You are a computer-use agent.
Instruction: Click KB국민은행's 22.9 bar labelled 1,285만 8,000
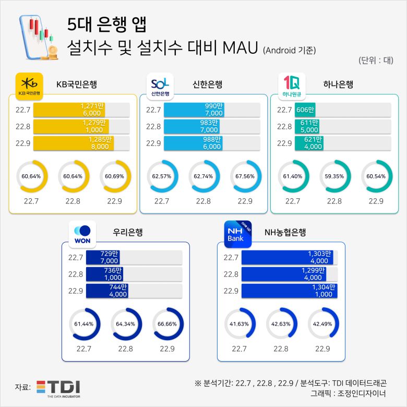click(74, 143)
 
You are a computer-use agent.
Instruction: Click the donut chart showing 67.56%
click(245, 176)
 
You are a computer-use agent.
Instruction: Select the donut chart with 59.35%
click(334, 176)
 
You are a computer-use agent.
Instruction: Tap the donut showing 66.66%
click(167, 324)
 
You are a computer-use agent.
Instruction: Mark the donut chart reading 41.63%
click(238, 324)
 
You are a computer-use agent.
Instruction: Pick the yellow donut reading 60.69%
click(114, 176)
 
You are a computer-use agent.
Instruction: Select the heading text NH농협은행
click(285, 232)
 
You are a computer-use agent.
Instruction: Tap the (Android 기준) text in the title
click(289, 50)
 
